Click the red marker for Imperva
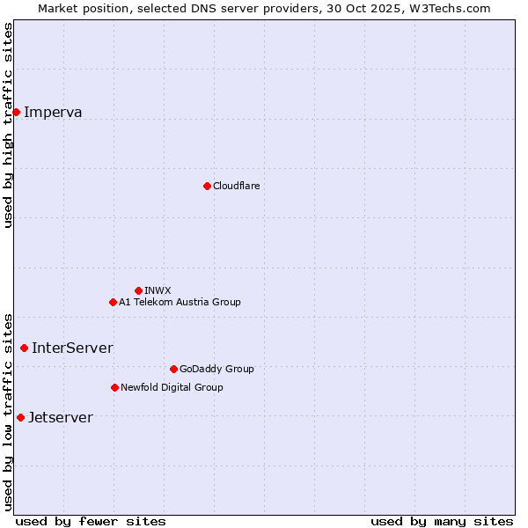(x=16, y=112)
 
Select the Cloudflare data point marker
(x=207, y=186)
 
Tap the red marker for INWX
(x=138, y=290)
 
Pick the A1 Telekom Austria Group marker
(x=113, y=302)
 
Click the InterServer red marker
(x=24, y=348)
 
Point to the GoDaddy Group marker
(x=173, y=369)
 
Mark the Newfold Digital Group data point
(x=114, y=387)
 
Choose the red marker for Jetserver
(x=20, y=417)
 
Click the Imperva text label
(x=53, y=112)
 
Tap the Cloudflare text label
(x=236, y=186)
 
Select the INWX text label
(x=158, y=290)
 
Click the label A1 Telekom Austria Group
(x=180, y=302)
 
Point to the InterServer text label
(x=72, y=348)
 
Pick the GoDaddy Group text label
(x=216, y=369)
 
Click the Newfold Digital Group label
(x=172, y=387)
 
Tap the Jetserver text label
(x=60, y=417)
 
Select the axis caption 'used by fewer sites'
(x=91, y=521)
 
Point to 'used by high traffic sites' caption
(x=8, y=125)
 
